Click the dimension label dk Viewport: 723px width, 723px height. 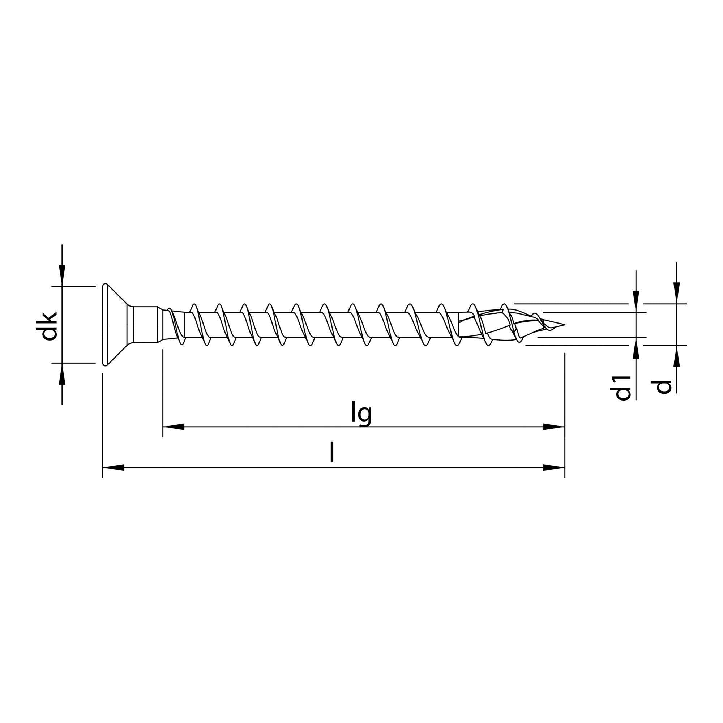pyautogui.click(x=49, y=326)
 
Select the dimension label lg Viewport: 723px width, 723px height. pyautogui.click(x=361, y=414)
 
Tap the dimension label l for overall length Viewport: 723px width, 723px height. pyautogui.click(x=331, y=453)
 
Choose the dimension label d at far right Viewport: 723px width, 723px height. pyautogui.click(x=664, y=387)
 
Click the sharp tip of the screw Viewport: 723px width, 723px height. pyautogui.click(x=564, y=324)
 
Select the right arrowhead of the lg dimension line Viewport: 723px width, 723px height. pyautogui.click(x=554, y=427)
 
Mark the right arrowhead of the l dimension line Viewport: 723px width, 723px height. pyautogui.click(x=554, y=467)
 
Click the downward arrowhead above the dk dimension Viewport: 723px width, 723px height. pyautogui.click(x=62, y=275)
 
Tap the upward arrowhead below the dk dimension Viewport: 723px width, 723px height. pyautogui.click(x=62, y=373)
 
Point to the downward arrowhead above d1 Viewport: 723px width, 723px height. pyautogui.click(x=636, y=301)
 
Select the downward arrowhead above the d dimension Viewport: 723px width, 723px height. pyautogui.click(x=677, y=293)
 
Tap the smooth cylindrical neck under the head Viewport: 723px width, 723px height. pyautogui.click(x=145, y=325)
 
